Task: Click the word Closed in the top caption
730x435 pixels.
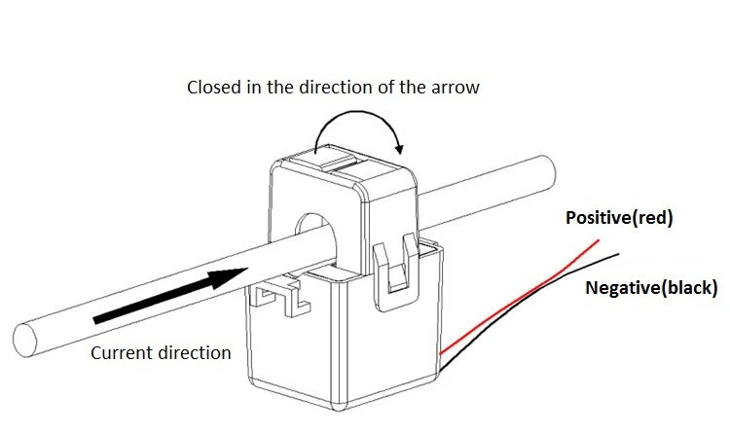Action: pos(210,88)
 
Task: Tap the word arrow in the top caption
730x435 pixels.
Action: pos(456,88)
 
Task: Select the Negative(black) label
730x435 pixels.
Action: pos(651,287)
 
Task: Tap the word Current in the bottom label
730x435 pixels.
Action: pos(121,352)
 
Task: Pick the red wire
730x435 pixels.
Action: pos(526,292)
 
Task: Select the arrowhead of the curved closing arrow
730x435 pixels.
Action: pos(398,147)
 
